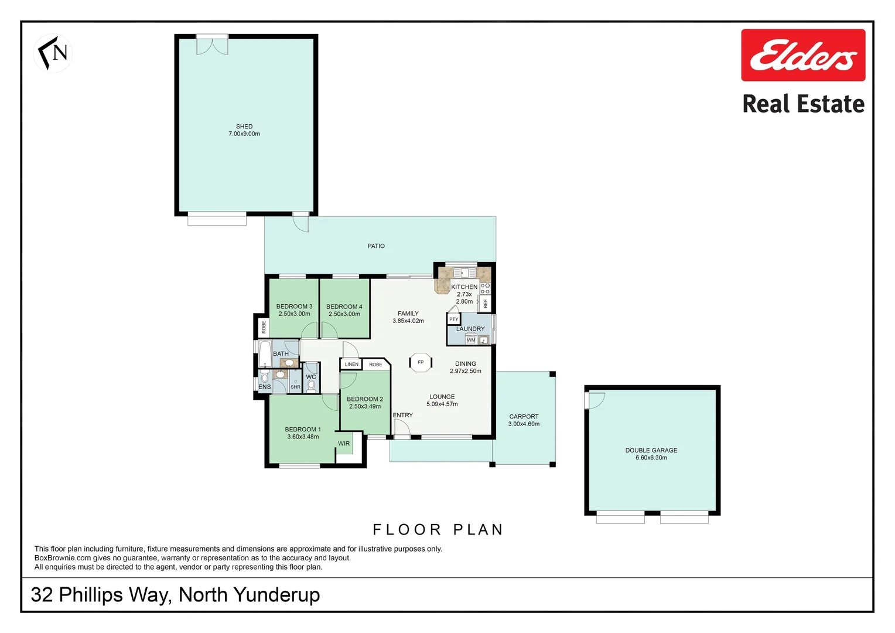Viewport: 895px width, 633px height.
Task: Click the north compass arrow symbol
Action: click(x=53, y=53)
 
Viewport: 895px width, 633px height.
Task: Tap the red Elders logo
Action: click(x=802, y=55)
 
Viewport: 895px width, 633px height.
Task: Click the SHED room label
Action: click(x=244, y=127)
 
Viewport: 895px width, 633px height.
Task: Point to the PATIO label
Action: click(x=376, y=246)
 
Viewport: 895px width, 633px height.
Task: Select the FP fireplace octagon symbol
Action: click(x=421, y=362)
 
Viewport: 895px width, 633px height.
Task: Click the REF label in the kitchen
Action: click(x=485, y=304)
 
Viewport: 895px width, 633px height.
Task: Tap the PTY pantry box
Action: click(x=454, y=319)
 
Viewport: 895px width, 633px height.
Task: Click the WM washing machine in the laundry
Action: click(x=471, y=340)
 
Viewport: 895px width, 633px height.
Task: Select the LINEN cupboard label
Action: click(x=351, y=365)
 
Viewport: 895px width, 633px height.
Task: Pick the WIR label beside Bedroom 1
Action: click(x=344, y=444)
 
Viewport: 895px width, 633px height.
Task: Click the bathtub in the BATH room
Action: click(x=265, y=353)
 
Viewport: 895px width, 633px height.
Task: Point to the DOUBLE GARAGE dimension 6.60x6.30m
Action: click(x=651, y=458)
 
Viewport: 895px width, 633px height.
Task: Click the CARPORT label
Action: click(x=524, y=417)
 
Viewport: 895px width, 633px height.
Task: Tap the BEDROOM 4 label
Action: click(x=344, y=307)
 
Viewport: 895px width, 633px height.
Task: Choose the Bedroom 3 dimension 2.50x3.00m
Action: click(x=294, y=314)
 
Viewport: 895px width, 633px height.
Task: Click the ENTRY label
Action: click(x=403, y=415)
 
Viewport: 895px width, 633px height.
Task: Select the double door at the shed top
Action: click(x=212, y=45)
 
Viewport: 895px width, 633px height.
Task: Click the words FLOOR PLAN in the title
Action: click(x=438, y=530)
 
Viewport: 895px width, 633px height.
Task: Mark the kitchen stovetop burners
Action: click(x=485, y=288)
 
